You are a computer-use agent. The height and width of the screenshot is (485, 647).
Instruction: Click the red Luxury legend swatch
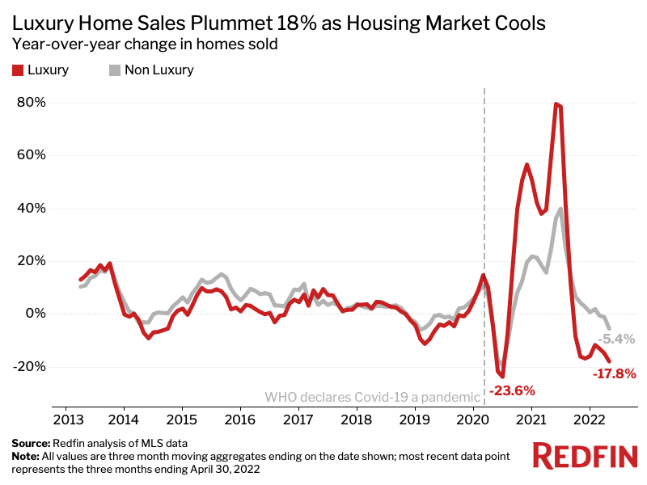[17, 70]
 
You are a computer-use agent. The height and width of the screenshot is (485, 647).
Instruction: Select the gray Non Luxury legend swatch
[114, 70]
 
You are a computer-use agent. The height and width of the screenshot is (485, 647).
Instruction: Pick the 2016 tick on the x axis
[240, 420]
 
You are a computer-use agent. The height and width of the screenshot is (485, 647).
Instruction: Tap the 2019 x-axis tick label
[415, 420]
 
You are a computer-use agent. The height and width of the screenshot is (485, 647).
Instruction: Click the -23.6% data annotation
[512, 391]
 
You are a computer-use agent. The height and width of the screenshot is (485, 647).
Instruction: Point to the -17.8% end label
[614, 374]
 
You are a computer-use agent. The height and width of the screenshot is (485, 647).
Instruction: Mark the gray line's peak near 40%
[560, 209]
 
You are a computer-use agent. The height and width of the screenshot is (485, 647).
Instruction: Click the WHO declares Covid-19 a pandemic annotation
[372, 397]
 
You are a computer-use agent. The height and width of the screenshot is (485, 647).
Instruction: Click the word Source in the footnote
[31, 444]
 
